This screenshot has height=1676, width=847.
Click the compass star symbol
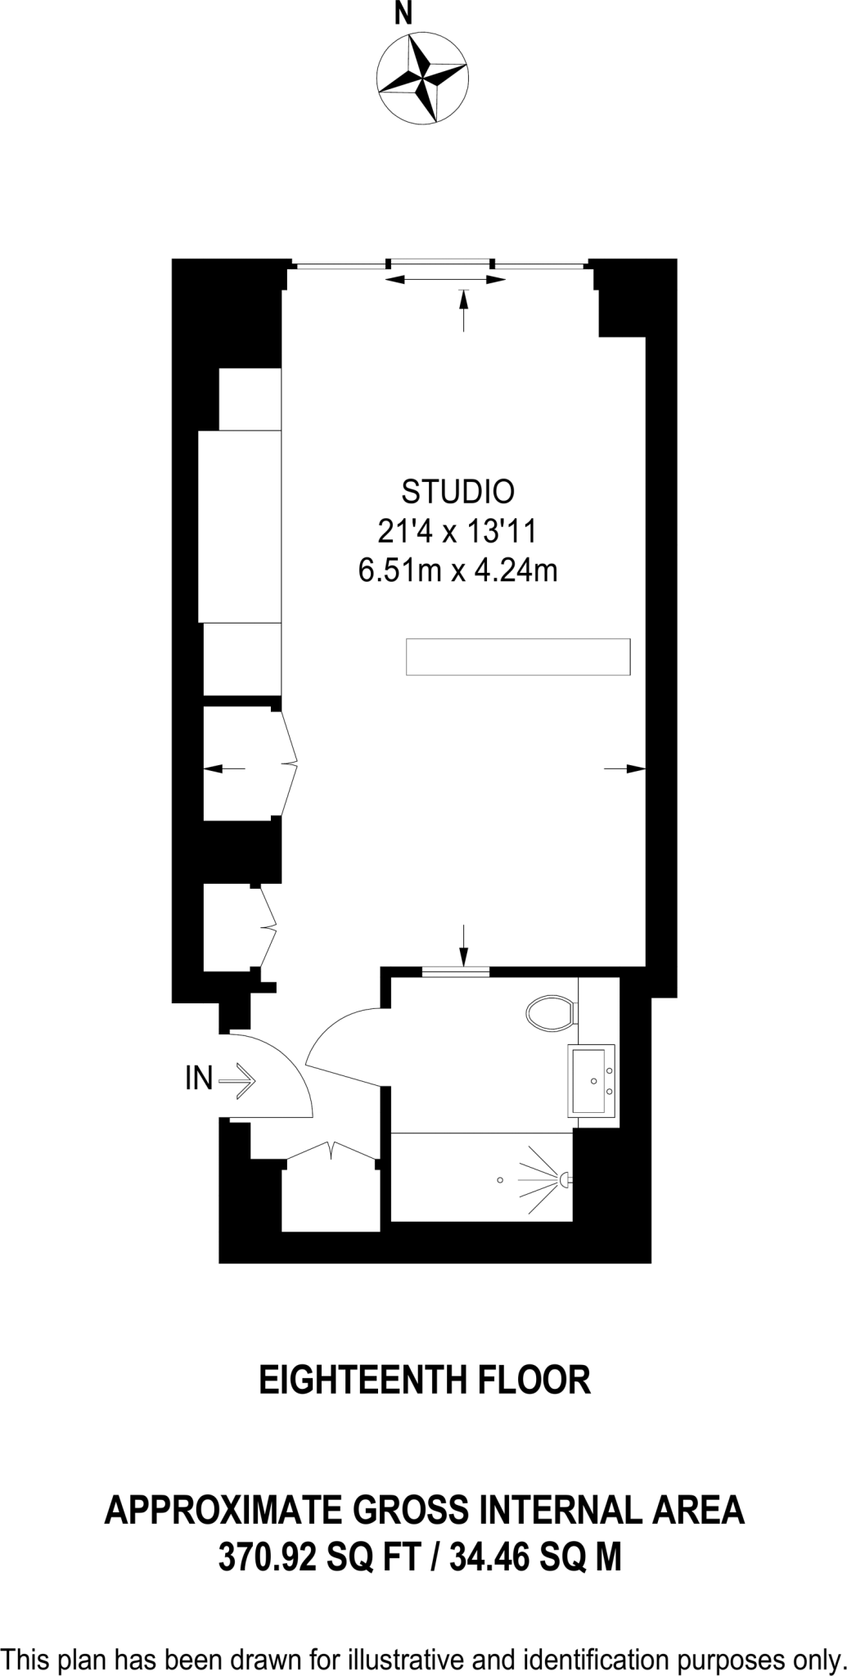click(x=423, y=80)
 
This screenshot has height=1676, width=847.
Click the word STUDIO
click(x=458, y=491)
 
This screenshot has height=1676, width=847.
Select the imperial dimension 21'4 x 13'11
click(x=457, y=532)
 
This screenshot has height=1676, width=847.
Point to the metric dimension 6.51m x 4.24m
click(x=457, y=570)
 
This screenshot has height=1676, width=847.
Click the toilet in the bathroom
click(x=550, y=1011)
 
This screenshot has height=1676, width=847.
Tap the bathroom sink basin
click(x=591, y=1080)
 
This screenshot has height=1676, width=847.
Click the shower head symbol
click(x=564, y=1179)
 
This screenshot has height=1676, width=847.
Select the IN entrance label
click(x=199, y=1080)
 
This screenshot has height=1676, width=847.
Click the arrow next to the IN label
click(x=239, y=1080)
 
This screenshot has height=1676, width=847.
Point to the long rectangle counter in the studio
click(x=518, y=657)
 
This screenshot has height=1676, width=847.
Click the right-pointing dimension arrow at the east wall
click(x=625, y=768)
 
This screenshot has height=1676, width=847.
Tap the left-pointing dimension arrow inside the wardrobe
click(x=223, y=768)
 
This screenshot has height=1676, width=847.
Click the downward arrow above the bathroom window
click(x=464, y=945)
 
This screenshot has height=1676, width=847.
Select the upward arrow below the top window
click(x=464, y=310)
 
